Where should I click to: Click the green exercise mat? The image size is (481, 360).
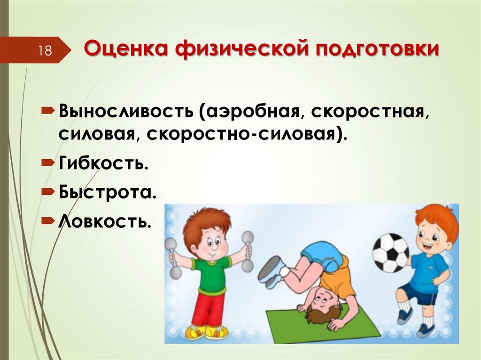point(324,324)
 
